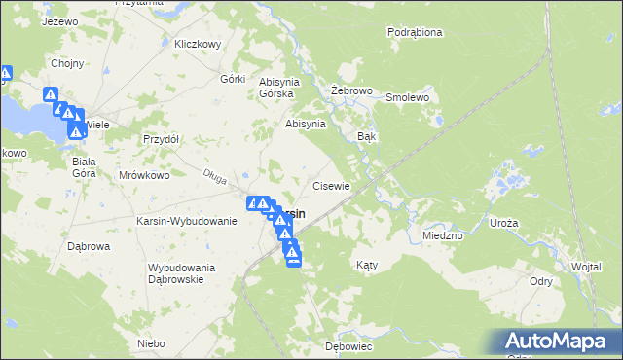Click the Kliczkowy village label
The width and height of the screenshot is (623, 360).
[x=198, y=44]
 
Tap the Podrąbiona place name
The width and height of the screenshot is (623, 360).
[x=415, y=32]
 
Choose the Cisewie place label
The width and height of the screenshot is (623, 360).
[x=330, y=185]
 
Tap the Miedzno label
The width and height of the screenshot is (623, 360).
[x=443, y=235]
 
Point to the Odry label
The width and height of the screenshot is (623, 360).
[x=541, y=281]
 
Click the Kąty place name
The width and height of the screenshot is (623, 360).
[x=366, y=265]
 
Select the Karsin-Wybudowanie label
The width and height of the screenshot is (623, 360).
[x=188, y=221]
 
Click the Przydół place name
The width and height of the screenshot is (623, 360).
[x=161, y=139]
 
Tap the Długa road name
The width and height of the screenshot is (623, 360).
[x=215, y=175]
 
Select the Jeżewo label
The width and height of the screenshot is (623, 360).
[x=60, y=20]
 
